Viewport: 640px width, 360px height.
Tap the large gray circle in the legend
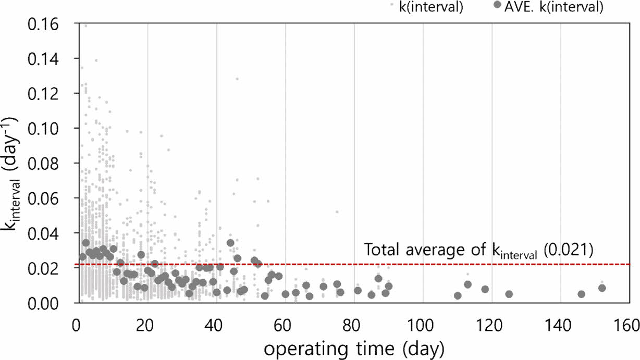click(x=497, y=5)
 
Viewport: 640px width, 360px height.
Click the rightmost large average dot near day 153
click(x=602, y=288)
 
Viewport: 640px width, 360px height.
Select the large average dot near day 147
click(x=581, y=294)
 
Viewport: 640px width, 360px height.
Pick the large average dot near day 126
click(x=509, y=294)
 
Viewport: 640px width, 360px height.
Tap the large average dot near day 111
click(x=458, y=295)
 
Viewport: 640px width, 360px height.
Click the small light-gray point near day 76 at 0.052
click(x=337, y=212)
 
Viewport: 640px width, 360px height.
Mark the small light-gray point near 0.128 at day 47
click(x=237, y=79)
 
